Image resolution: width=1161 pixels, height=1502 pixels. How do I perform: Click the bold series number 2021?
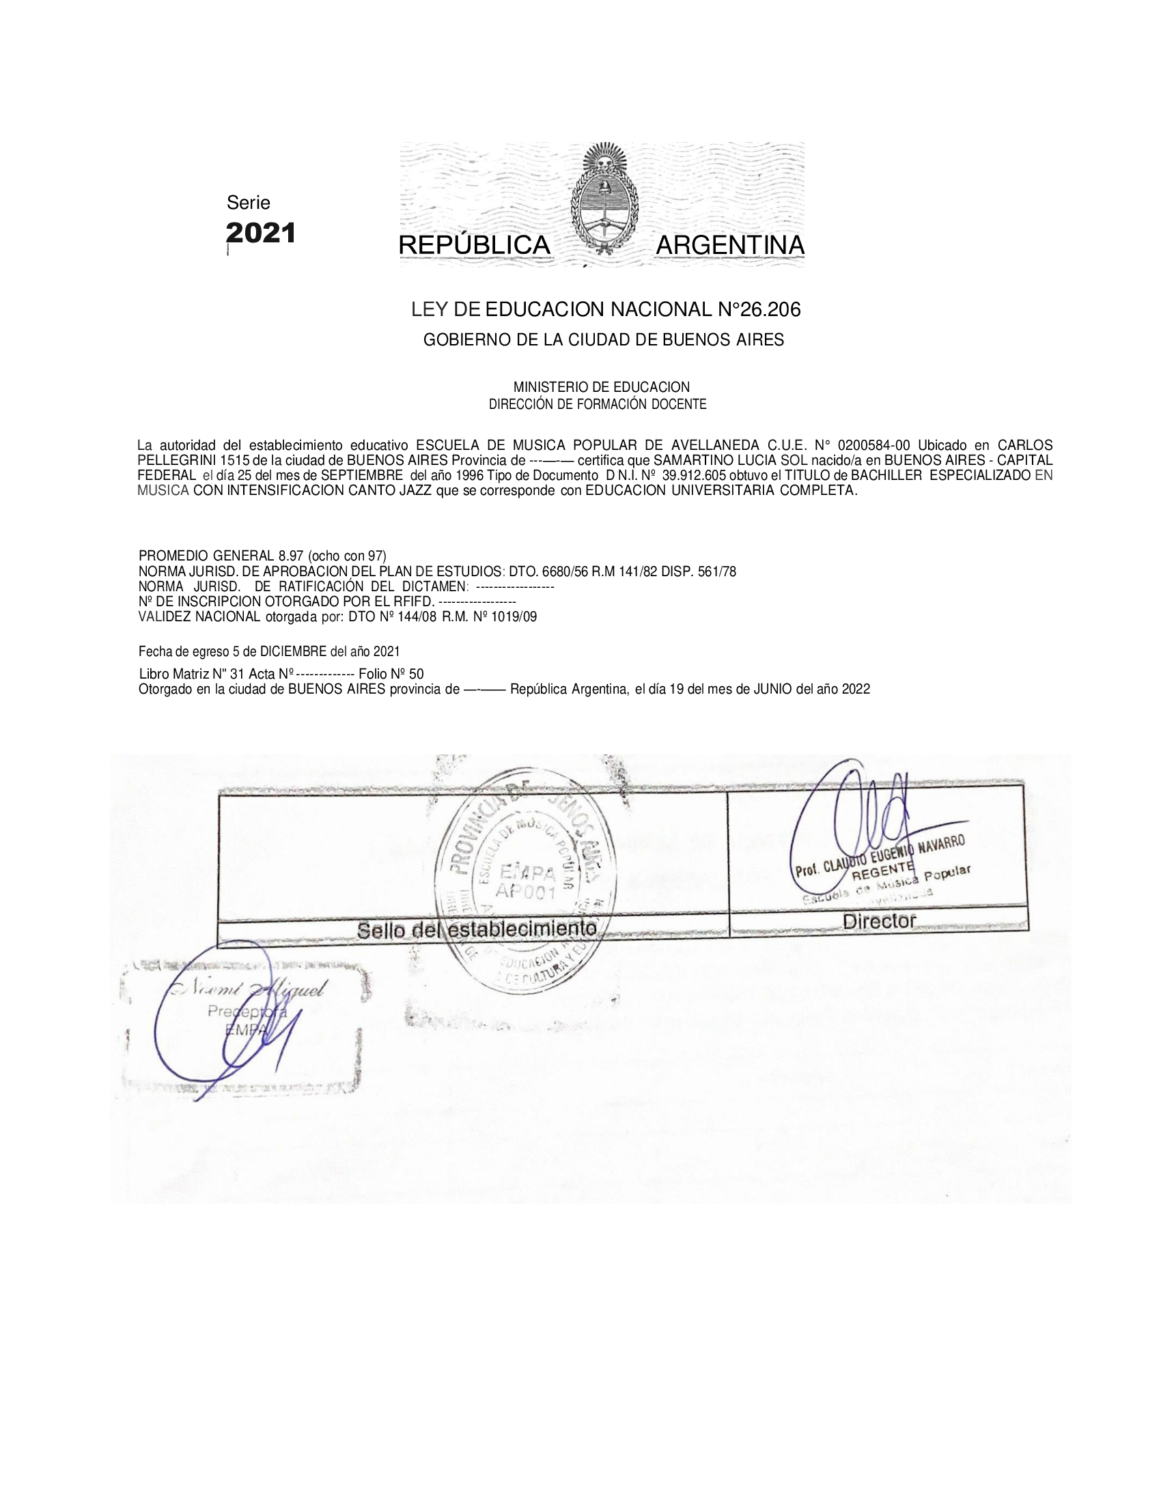[261, 233]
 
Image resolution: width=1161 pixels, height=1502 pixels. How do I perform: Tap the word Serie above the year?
[249, 203]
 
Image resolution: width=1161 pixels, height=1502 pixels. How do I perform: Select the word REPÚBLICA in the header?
[475, 246]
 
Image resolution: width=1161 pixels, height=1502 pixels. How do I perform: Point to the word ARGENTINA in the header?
[730, 246]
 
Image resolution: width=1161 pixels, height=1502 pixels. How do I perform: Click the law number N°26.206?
[759, 310]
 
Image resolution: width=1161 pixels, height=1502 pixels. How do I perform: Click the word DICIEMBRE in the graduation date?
[294, 651]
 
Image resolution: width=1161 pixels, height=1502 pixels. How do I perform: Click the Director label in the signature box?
[879, 922]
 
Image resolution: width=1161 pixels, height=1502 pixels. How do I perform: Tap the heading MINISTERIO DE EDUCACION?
[601, 388]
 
